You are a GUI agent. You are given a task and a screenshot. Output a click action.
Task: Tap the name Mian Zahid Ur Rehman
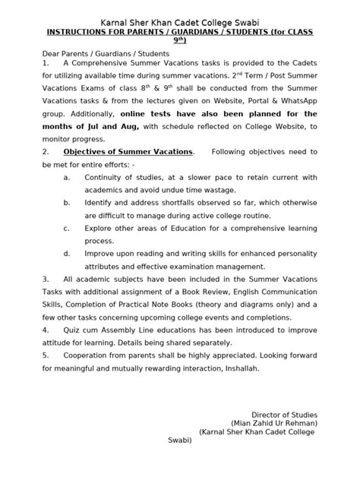(274, 424)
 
